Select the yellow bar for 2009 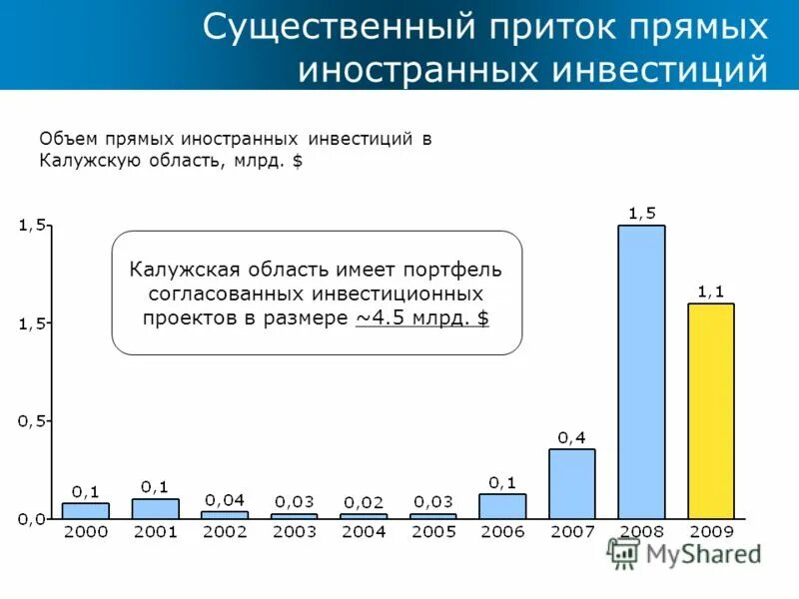(x=711, y=410)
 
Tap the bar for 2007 (x=571, y=483)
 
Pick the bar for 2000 (x=85, y=510)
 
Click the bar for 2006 (x=502, y=506)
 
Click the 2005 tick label (x=432, y=532)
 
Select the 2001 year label (x=155, y=532)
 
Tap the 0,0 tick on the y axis (x=31, y=519)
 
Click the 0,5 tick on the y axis (x=31, y=420)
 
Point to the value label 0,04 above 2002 (x=225, y=499)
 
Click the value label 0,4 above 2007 (x=571, y=437)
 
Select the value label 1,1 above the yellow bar (x=711, y=291)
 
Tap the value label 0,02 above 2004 (x=364, y=501)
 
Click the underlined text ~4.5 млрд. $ (x=422, y=317)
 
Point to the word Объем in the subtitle (x=66, y=139)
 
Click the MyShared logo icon (x=624, y=553)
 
